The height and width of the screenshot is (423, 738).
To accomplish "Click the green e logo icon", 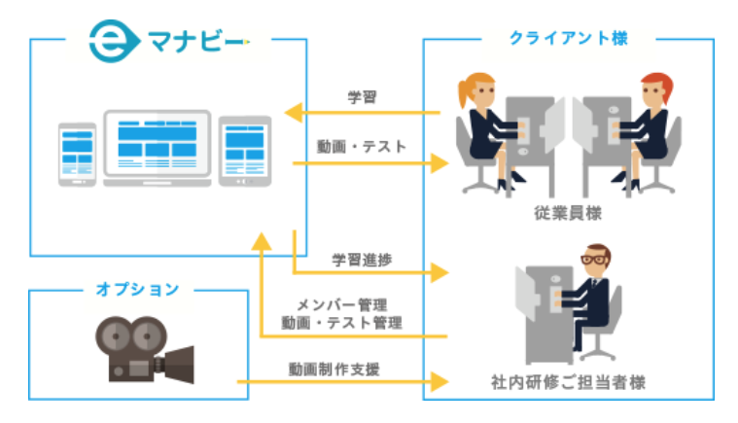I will tap(104, 40).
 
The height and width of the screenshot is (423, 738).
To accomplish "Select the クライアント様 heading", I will tap(568, 38).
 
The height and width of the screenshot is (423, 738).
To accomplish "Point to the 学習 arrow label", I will tap(362, 97).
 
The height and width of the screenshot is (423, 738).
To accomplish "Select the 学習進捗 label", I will tap(363, 261).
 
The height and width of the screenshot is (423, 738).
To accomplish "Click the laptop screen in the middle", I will tap(157, 144).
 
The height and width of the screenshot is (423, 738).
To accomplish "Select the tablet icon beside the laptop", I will tap(243, 150).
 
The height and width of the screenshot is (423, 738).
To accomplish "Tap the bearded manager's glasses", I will tap(594, 260).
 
